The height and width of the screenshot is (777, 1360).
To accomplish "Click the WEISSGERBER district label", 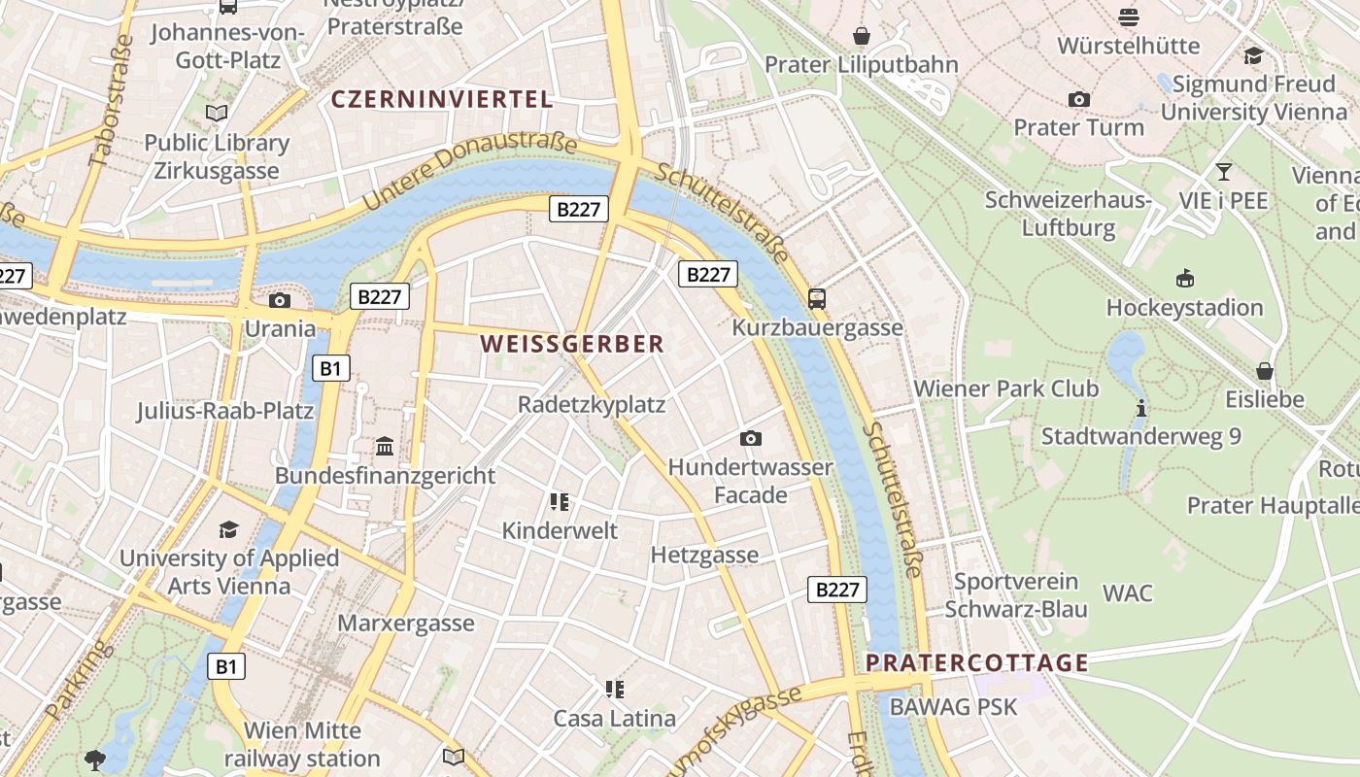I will (x=572, y=344).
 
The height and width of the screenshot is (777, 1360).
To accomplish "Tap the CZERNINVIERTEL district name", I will (x=442, y=99).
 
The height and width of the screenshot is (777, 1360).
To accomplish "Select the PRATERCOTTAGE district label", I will (x=976, y=663).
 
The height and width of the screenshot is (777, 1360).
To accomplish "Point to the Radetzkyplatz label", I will (x=592, y=405).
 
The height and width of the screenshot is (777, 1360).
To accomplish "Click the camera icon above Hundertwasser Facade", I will (x=750, y=439).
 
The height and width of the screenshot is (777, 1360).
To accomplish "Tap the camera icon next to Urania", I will (x=280, y=300).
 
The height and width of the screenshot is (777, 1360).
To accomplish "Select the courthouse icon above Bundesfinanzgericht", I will (x=385, y=447).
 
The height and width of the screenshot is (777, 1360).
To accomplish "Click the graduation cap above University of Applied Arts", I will (x=228, y=529).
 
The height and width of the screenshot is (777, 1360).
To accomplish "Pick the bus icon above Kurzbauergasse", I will (x=817, y=298).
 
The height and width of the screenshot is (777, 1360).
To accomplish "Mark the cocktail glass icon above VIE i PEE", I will (x=1223, y=172).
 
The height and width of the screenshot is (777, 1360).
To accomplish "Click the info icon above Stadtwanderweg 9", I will (x=1141, y=408).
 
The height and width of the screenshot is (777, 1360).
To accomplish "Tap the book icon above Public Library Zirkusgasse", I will (x=217, y=114).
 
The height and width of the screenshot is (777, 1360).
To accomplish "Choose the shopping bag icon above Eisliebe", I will (x=1264, y=371).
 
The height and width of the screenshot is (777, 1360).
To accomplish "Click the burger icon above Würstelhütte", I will (x=1128, y=17).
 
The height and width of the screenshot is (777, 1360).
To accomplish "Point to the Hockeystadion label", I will (x=1184, y=308).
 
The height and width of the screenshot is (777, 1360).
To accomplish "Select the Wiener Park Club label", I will (x=1006, y=389).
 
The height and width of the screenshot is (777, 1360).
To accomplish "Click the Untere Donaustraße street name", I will (x=470, y=172).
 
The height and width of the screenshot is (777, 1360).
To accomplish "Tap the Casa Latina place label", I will (x=614, y=719).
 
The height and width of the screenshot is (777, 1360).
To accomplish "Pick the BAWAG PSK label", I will (x=953, y=707).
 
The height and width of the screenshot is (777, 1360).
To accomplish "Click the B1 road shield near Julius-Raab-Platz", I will (x=330, y=368).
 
